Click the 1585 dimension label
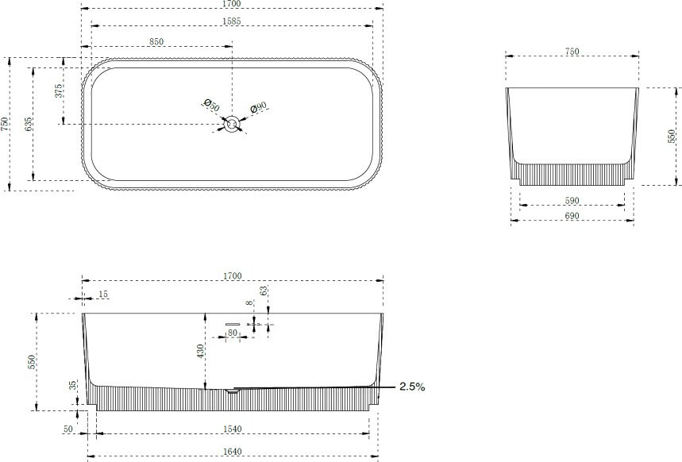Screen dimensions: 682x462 [231, 21]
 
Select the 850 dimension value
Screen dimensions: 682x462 [156, 41]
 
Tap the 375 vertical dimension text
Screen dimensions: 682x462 [59, 91]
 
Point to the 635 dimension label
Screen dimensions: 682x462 [29, 125]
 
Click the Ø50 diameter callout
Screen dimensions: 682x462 [212, 106]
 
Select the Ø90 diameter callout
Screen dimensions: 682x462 [258, 107]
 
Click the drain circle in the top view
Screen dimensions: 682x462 [232, 125]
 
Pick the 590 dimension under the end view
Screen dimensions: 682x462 [572, 201]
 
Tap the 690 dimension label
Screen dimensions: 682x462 [572, 216]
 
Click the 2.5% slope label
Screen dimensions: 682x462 [412, 387]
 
